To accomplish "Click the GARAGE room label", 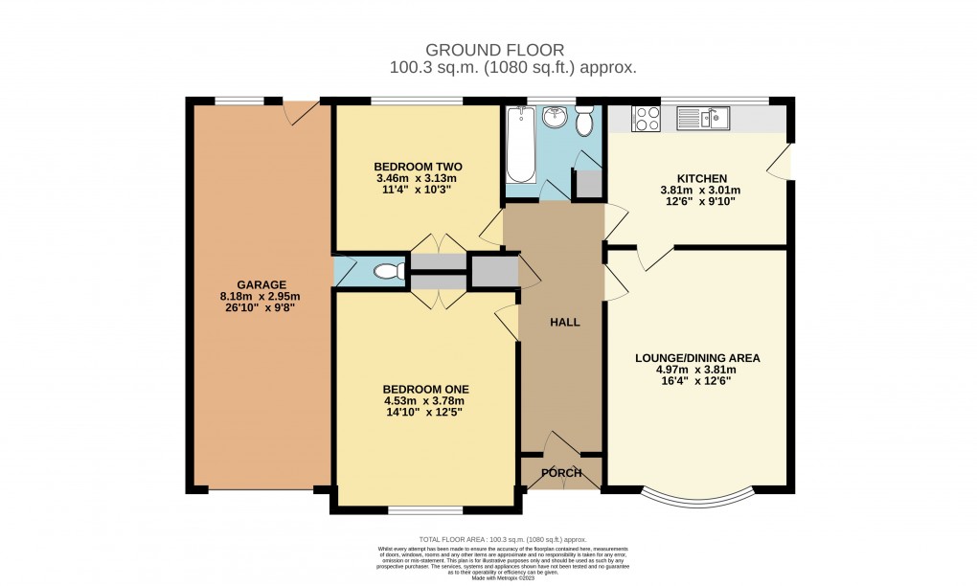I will [260, 284].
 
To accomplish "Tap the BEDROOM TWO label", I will [415, 167].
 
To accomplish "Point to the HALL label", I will [564, 322].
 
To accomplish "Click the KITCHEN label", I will [701, 178].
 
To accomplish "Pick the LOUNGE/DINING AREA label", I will [697, 358].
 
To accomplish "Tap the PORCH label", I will [562, 473].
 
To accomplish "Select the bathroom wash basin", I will [554, 118].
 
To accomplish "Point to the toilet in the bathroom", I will [584, 121].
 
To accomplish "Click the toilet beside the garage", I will [387, 272].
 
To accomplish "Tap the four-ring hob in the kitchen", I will [647, 119].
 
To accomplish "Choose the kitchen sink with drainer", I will [703, 119].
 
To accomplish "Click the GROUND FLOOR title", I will [495, 50].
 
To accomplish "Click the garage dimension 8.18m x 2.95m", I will [260, 297].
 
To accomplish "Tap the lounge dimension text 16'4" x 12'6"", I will [697, 381].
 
